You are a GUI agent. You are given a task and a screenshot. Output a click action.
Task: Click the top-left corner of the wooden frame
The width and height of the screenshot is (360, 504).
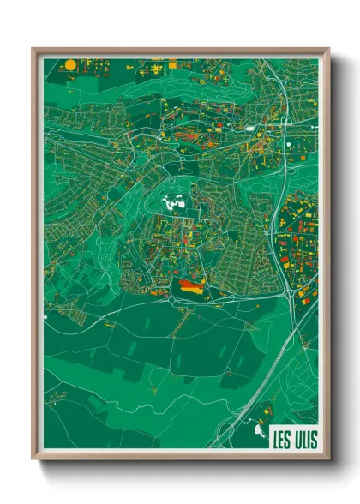click(32, 49)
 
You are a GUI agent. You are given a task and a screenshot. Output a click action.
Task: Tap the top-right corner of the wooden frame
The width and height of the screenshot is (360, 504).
click(329, 49)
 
